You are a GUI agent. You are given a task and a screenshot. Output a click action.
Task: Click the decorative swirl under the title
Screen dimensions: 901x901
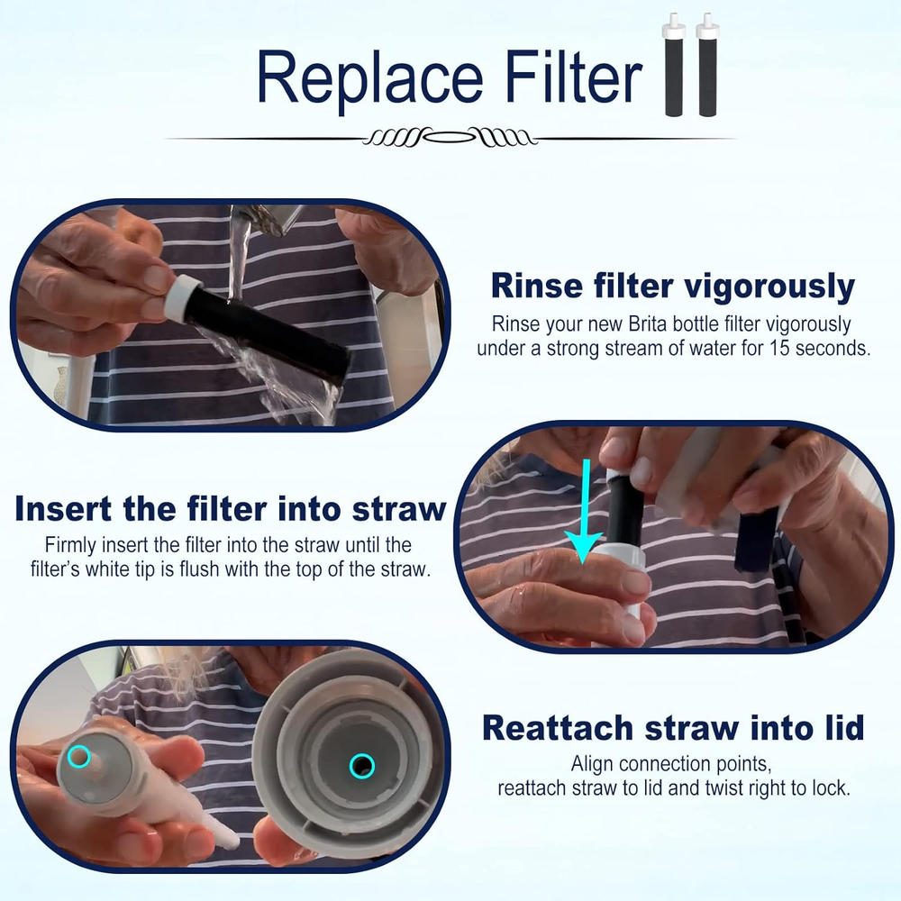450,138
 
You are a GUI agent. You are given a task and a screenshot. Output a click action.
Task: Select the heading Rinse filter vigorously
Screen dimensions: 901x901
672,287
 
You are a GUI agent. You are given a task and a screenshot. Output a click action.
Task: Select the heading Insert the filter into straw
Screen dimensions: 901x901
231,509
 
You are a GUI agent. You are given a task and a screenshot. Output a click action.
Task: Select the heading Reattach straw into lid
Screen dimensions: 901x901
672,726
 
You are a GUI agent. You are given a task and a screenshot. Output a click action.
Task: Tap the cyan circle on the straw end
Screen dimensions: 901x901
80,757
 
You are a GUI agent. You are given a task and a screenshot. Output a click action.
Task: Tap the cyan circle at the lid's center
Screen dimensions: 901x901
362,766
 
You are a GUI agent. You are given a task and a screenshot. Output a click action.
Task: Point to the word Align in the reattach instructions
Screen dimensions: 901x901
596,764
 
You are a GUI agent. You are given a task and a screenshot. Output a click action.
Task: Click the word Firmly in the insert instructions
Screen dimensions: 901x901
70,545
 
